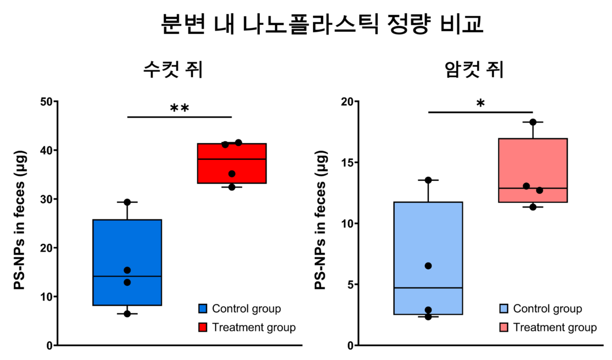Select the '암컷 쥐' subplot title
(474, 70)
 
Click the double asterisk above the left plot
(180, 108)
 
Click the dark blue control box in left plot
(127, 244)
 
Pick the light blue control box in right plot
(428, 238)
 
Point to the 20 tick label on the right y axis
(345, 102)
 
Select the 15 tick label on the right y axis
(345, 163)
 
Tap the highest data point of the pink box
(533, 122)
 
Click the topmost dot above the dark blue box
(127, 202)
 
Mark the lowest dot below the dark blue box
(127, 314)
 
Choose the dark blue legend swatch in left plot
(202, 309)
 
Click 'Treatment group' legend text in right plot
(555, 328)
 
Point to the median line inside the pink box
(533, 188)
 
